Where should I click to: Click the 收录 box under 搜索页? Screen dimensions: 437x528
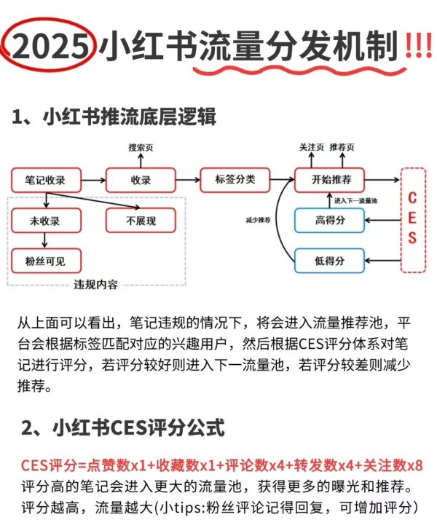point(141,179)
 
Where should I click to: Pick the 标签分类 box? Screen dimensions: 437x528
point(235,178)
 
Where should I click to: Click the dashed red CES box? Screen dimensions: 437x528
point(412,218)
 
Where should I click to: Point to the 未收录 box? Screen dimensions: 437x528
point(45,221)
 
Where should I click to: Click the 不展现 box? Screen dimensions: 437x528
point(141,221)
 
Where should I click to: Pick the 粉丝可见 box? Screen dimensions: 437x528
point(45,260)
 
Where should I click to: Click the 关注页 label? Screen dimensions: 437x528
point(312,148)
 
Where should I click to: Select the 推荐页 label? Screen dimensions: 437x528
point(342,148)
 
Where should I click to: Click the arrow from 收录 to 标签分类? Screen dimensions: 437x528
point(188,179)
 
